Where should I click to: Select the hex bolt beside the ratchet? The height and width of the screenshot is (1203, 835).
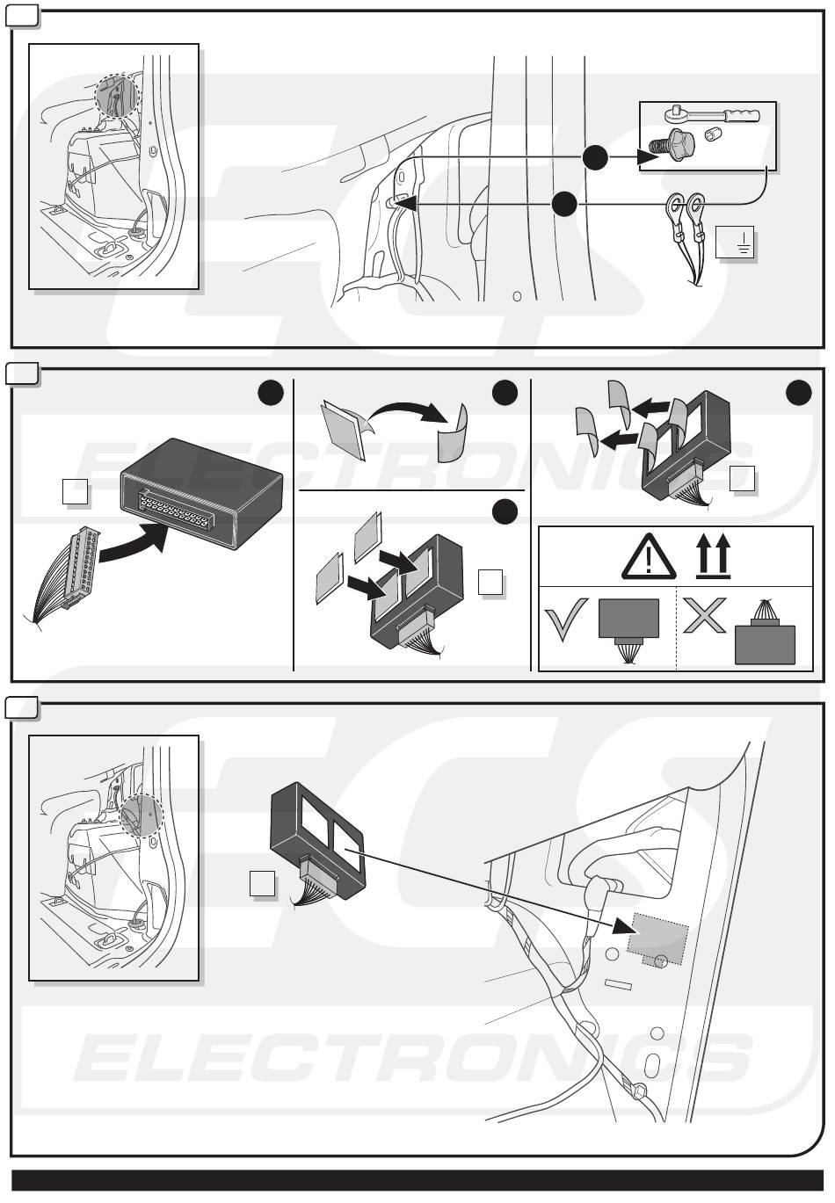click(672, 143)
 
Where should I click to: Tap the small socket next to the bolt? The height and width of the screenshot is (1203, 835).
click(713, 134)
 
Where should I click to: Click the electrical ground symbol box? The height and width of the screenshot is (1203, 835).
click(735, 242)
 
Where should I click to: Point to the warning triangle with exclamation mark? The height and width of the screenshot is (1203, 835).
click(649, 556)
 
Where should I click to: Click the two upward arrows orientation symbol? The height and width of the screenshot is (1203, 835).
click(714, 556)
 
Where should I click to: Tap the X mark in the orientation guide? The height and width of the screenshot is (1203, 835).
click(704, 615)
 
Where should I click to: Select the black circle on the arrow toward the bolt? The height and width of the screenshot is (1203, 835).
click(595, 157)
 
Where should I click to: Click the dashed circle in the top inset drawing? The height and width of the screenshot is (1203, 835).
click(117, 97)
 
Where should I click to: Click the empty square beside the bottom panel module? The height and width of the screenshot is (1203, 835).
click(262, 883)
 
